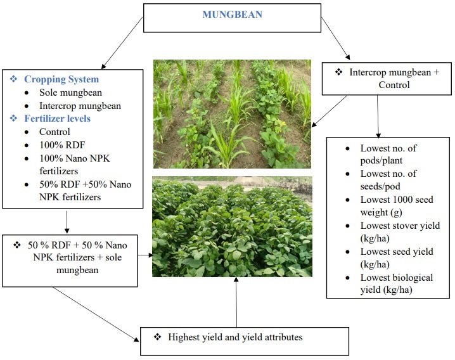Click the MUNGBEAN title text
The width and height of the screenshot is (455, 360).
pyautogui.click(x=232, y=15)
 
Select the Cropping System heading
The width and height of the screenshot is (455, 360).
pyautogui.click(x=61, y=79)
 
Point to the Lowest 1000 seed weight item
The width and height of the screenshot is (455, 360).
pyautogui.click(x=397, y=205)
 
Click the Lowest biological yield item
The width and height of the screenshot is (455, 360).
pyautogui.click(x=397, y=283)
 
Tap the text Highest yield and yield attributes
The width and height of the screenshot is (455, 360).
pyautogui.click(x=235, y=337)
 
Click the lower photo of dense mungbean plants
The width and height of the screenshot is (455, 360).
pyautogui.click(x=232, y=226)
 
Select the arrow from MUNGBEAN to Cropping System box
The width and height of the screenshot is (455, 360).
pyautogui.click(x=122, y=43)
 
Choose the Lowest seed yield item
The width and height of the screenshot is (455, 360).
pyautogui.click(x=397, y=257)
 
